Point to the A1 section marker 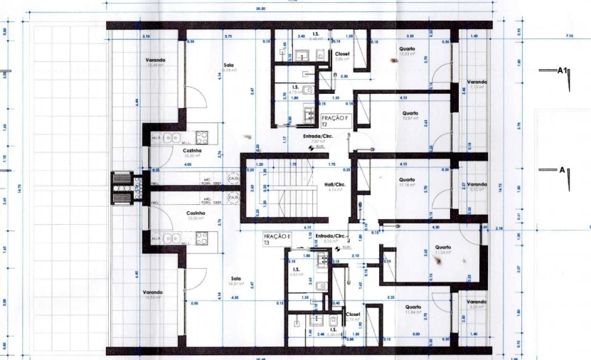563,71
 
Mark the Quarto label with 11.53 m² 407,49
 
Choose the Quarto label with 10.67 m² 410,113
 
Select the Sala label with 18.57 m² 235,279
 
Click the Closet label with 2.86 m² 342,54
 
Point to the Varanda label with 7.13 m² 476,83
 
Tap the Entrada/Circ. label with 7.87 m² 318,137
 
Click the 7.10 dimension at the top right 569,36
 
